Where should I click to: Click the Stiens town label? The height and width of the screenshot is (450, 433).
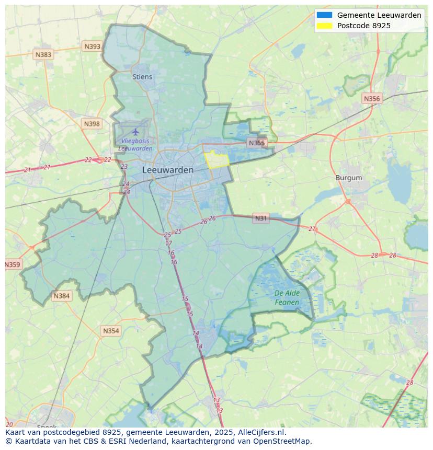pyautogui.click(x=142, y=77)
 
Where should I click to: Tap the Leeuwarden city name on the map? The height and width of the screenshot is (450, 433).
pyautogui.click(x=167, y=170)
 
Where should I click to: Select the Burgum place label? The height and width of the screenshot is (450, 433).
pyautogui.click(x=348, y=178)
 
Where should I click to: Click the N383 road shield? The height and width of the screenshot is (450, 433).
pyautogui.click(x=43, y=54)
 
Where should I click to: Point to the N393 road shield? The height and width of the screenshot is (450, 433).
pyautogui.click(x=92, y=47)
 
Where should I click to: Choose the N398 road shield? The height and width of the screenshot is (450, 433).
pyautogui.click(x=92, y=124)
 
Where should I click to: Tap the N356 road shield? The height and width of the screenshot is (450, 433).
pyautogui.click(x=371, y=98)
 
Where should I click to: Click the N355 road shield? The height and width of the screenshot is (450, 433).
pyautogui.click(x=257, y=143)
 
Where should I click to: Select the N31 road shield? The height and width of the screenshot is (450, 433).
pyautogui.click(x=260, y=218)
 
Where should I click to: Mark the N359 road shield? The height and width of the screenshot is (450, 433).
pyautogui.click(x=12, y=264)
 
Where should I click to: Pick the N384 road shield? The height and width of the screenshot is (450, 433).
pyautogui.click(x=61, y=296)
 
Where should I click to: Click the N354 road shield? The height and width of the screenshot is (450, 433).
pyautogui.click(x=111, y=331)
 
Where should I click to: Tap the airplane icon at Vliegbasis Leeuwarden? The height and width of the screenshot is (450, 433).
pyautogui.click(x=136, y=131)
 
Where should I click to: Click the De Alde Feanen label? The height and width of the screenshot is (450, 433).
pyautogui.click(x=287, y=298)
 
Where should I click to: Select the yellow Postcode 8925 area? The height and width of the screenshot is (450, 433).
pyautogui.click(x=216, y=159)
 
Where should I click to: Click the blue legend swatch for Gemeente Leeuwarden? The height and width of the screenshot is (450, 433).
pyautogui.click(x=324, y=15)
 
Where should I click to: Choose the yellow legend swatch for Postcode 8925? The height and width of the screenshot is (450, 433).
pyautogui.click(x=324, y=26)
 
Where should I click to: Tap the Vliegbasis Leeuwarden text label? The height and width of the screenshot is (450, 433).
pyautogui.click(x=135, y=145)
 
